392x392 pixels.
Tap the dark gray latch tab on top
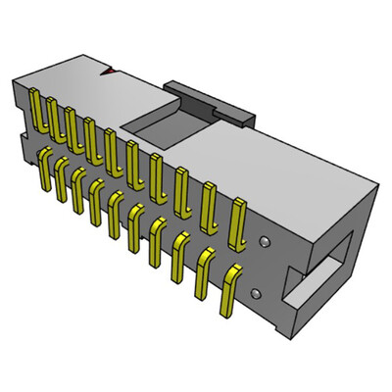211,99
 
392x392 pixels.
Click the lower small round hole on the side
257,292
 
